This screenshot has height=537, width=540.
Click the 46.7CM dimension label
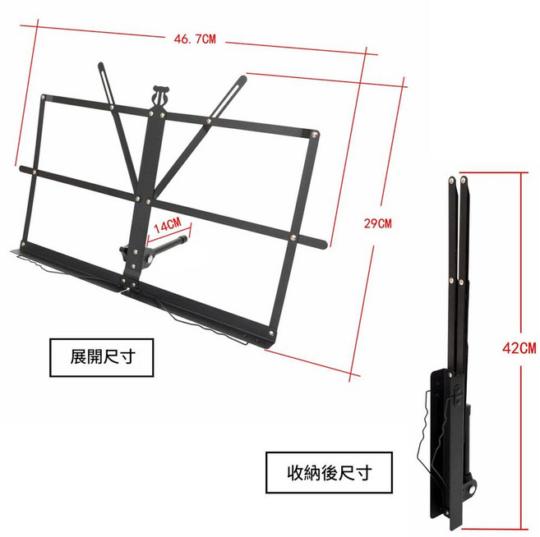point(195,39)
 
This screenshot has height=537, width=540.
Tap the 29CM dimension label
point(378,223)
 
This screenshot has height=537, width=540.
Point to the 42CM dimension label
point(519,348)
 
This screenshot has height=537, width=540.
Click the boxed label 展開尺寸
point(102,357)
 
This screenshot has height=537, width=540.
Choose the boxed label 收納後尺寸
point(329,473)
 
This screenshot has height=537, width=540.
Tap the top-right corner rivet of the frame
point(315,134)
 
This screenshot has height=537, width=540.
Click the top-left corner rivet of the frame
point(44,98)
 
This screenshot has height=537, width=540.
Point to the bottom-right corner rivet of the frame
point(271,333)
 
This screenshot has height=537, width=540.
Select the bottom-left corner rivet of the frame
point(23,244)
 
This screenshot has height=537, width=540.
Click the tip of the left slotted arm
point(100,64)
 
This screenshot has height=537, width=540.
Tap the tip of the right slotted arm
point(244,78)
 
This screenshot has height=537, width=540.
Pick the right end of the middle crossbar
point(324,244)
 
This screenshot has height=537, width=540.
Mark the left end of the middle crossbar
point(22,168)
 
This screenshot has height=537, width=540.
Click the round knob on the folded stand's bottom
point(472,489)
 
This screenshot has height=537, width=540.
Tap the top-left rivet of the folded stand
point(451,179)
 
